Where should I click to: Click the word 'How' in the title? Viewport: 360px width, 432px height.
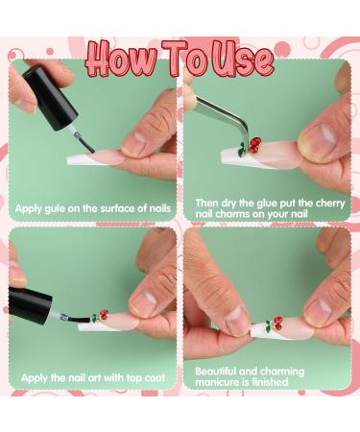point(122,59)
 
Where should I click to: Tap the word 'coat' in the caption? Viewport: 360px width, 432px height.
point(155,378)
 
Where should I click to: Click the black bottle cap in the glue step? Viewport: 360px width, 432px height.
point(51,97)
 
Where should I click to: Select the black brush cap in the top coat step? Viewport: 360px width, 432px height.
point(30,305)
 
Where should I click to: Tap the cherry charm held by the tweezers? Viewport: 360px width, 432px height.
point(251,146)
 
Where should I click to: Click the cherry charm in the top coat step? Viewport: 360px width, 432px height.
point(101,316)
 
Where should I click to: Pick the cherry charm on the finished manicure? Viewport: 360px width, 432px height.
point(275,324)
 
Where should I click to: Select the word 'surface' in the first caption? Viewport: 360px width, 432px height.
point(118,208)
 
